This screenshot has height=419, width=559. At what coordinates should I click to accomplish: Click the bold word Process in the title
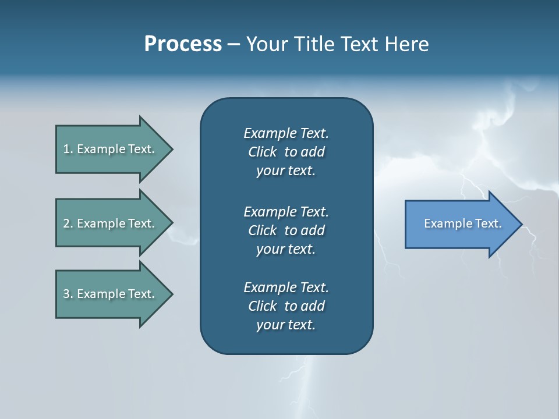pos(183,44)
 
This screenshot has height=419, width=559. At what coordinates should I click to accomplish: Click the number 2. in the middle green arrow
pos(68,223)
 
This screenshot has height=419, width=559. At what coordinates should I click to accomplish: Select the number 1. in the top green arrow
pos(68,149)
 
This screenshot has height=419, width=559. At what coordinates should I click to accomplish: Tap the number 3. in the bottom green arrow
pos(68,294)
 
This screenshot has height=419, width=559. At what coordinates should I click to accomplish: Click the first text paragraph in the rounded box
pos(286,152)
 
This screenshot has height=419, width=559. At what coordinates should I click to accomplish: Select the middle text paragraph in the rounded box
pos(286,230)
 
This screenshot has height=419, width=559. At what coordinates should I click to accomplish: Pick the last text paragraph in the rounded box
pos(286,306)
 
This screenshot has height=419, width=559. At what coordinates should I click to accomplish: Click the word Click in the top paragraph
pos(262,152)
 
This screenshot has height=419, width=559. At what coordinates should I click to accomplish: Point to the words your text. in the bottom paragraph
pos(286,325)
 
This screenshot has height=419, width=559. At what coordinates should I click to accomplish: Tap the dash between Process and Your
pos(234,44)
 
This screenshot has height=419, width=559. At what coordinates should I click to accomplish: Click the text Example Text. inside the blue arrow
pos(462,223)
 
